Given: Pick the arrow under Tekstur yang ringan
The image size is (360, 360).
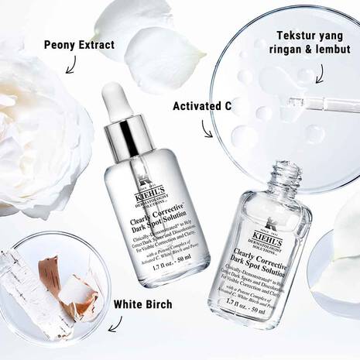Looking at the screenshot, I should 307,75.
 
